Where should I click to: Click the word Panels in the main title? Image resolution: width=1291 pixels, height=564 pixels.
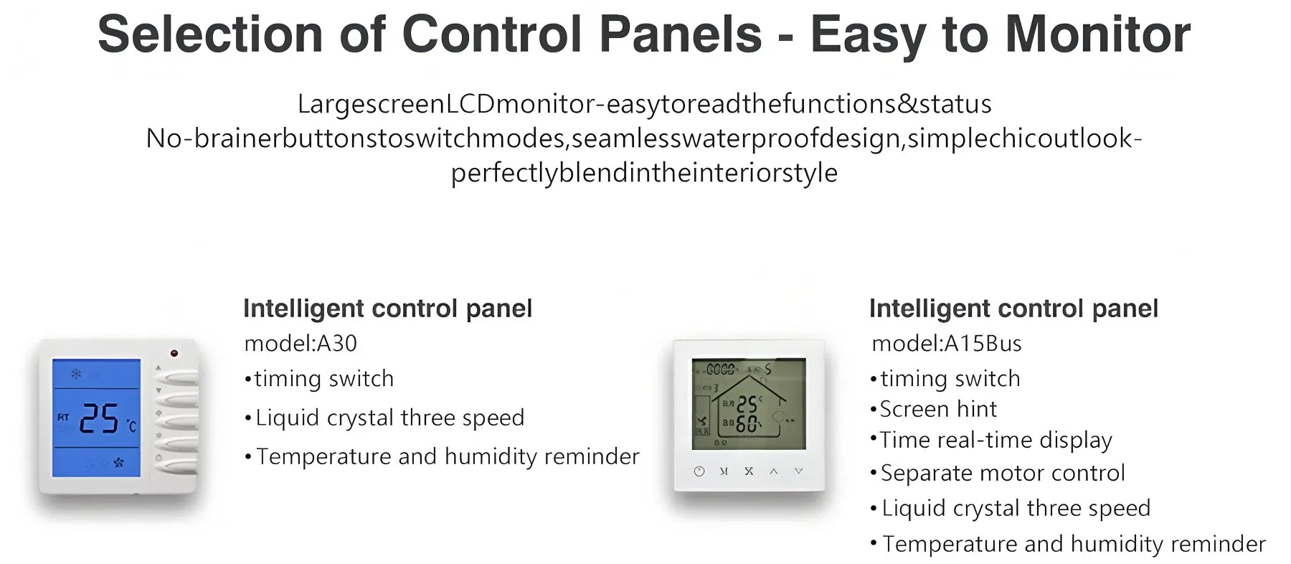[680, 34]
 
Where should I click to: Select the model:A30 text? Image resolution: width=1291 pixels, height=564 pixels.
[301, 344]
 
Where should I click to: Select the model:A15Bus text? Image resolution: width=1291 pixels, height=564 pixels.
[946, 344]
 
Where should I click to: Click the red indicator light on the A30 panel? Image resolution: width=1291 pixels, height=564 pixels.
[174, 353]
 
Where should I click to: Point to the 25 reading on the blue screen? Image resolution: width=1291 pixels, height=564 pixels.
[99, 418]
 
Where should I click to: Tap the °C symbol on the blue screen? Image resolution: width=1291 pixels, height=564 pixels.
[131, 427]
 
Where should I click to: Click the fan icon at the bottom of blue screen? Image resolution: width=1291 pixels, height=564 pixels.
[118, 463]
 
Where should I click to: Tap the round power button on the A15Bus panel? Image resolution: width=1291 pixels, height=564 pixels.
[699, 471]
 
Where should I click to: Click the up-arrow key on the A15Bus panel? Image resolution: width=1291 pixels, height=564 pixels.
[774, 471]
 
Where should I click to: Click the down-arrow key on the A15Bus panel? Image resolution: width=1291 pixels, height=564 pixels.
[798, 471]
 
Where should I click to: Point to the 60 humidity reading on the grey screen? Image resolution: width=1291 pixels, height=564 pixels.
[747, 424]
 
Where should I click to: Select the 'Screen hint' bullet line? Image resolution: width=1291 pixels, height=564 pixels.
[933, 409]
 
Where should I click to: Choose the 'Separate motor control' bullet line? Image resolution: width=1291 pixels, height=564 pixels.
[998, 474]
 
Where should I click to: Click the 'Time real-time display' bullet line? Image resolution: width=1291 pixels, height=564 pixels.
[991, 440]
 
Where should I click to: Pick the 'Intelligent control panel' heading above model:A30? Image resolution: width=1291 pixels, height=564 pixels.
[387, 309]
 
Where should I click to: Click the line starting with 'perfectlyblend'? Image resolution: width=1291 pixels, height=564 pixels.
[644, 173]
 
